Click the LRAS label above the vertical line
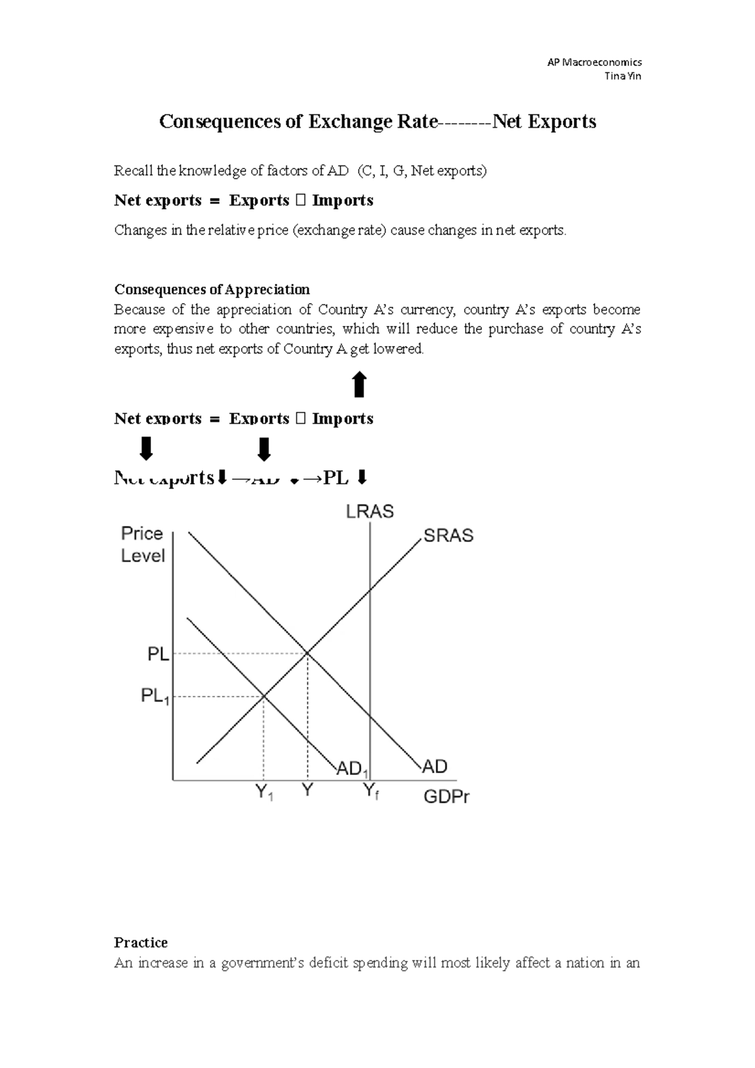(x=370, y=512)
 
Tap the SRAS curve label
(x=448, y=536)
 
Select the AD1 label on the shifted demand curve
(x=353, y=769)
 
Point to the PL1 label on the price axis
(x=155, y=696)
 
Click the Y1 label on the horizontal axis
(x=264, y=793)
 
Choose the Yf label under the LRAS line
(x=371, y=793)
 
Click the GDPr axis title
(x=447, y=797)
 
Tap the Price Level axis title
(x=143, y=545)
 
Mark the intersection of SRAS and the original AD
(x=307, y=654)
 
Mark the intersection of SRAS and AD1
(x=264, y=696)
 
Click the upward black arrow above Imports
(x=359, y=384)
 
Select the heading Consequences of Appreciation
(x=211, y=289)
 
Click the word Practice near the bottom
(x=140, y=942)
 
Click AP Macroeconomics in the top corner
(x=595, y=62)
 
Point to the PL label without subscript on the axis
(x=158, y=654)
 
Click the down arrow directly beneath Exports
(x=264, y=449)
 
